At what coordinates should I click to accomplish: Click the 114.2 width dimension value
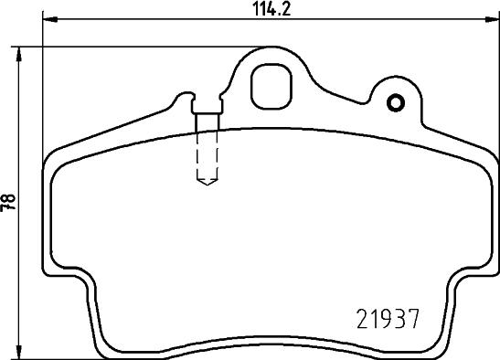(x=272, y=9)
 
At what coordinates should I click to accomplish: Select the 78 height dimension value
(x=8, y=202)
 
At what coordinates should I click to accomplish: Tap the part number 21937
(x=388, y=319)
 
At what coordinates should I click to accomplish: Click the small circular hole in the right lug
(x=396, y=103)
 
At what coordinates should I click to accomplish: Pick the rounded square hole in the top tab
(x=271, y=87)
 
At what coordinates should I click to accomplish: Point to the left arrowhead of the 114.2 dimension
(x=50, y=20)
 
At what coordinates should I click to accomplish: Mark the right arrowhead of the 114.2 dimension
(x=492, y=20)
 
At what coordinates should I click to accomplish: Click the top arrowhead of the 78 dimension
(x=19, y=55)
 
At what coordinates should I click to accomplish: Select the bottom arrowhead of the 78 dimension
(x=19, y=352)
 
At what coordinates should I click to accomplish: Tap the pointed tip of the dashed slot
(x=207, y=185)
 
